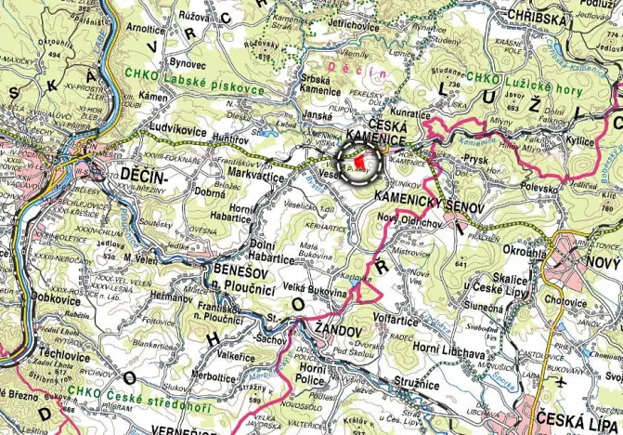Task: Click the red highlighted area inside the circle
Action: (359, 162)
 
